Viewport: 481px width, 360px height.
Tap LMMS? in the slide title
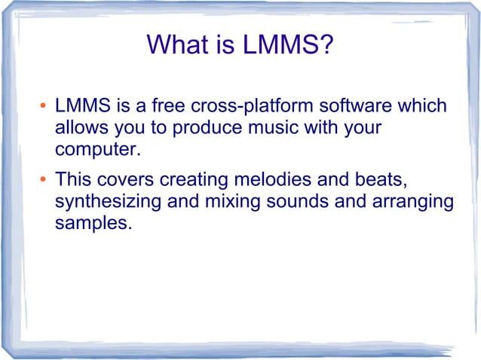pyautogui.click(x=287, y=46)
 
